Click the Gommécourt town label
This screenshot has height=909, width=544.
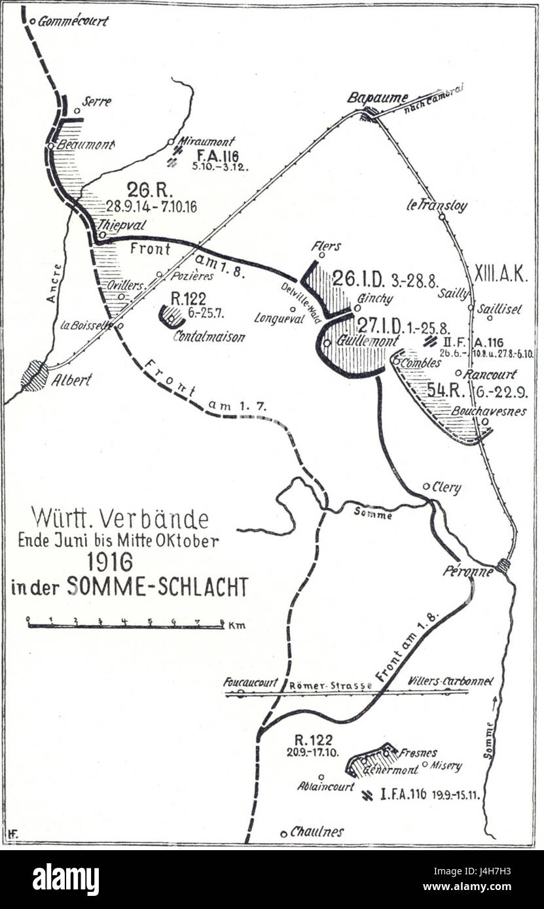[73, 21]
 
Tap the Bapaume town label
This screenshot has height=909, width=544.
[368, 97]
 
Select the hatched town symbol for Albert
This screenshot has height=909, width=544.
[35, 376]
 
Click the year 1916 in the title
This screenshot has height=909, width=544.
[109, 562]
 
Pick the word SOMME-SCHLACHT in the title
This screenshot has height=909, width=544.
[157, 587]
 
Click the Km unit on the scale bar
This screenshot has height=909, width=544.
[237, 626]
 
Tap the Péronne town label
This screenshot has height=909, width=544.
[467, 571]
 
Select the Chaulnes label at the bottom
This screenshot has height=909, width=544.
[317, 832]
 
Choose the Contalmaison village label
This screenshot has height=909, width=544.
[209, 337]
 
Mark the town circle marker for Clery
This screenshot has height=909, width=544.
[427, 486]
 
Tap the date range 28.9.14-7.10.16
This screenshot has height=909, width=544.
[151, 207]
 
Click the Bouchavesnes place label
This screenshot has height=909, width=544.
[488, 412]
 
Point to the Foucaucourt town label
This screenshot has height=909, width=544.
[250, 682]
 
